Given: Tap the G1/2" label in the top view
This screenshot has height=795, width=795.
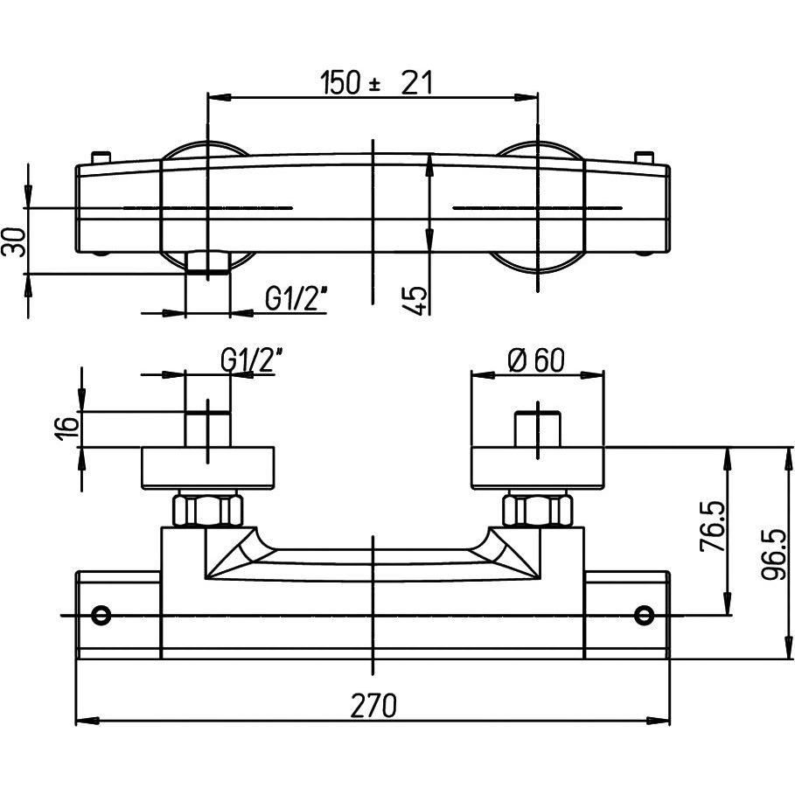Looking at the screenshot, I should click(296, 300).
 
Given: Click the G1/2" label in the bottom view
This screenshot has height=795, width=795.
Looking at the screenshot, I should click(253, 359).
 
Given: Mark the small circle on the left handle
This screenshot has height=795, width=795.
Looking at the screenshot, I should click(101, 614).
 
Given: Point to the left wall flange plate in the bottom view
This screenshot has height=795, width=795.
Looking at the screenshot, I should click(208, 468).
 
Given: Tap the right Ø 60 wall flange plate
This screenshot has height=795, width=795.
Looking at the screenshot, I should click(537, 468).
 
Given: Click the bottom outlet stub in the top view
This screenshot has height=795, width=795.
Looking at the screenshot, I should click(208, 262).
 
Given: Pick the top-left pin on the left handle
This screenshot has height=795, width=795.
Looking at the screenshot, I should click(100, 157).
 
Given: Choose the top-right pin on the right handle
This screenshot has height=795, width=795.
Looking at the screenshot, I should click(646, 157).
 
